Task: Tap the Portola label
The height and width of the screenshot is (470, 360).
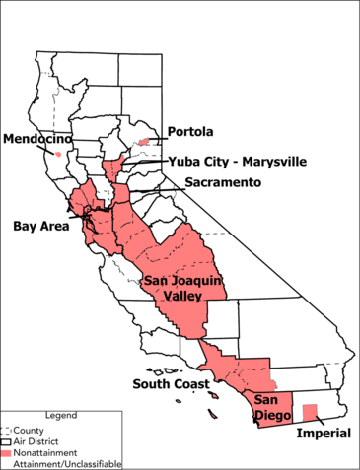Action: [x=190, y=131]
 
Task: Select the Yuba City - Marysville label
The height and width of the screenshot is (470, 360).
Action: [x=237, y=161]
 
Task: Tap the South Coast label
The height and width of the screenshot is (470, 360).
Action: [x=167, y=383]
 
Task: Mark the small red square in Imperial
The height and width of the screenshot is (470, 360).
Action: [x=309, y=412]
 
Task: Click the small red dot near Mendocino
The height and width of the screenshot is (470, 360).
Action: [x=59, y=154]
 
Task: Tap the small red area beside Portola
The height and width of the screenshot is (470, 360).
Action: [x=145, y=142]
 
